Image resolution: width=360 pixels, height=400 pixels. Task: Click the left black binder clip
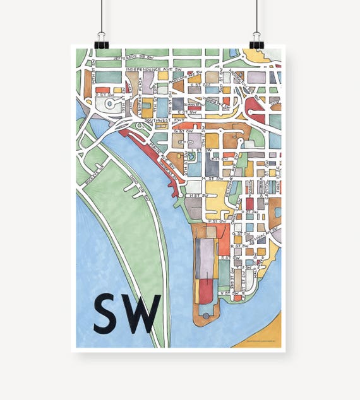pyautogui.click(x=101, y=42)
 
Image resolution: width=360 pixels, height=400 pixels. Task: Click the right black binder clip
pyautogui.click(x=256, y=42)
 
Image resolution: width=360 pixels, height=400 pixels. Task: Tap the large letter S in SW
pyautogui.click(x=107, y=314)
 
